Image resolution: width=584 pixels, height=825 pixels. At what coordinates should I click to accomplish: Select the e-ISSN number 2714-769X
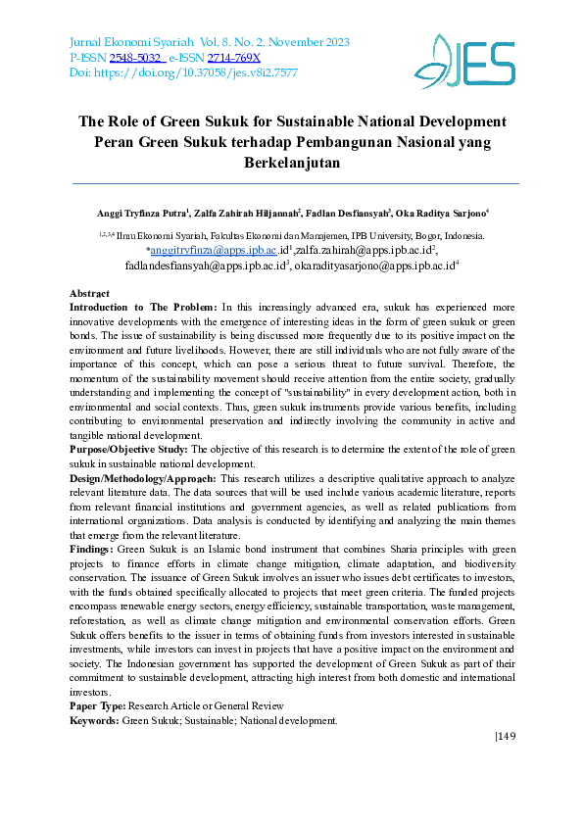[x=234, y=59]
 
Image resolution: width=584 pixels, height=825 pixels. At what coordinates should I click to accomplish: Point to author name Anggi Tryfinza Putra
[x=129, y=213]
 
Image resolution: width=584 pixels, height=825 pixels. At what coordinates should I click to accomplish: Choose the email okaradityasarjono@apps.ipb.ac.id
[x=376, y=266]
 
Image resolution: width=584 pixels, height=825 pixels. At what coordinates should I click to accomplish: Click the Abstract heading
[x=89, y=294]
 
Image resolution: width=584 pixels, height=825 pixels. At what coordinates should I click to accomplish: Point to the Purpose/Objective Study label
[x=128, y=449]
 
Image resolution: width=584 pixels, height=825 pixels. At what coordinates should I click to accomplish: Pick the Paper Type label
[x=98, y=705]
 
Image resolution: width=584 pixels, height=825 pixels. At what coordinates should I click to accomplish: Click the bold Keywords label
[x=94, y=720]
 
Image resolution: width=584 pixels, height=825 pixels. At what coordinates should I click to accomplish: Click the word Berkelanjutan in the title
[x=291, y=164]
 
